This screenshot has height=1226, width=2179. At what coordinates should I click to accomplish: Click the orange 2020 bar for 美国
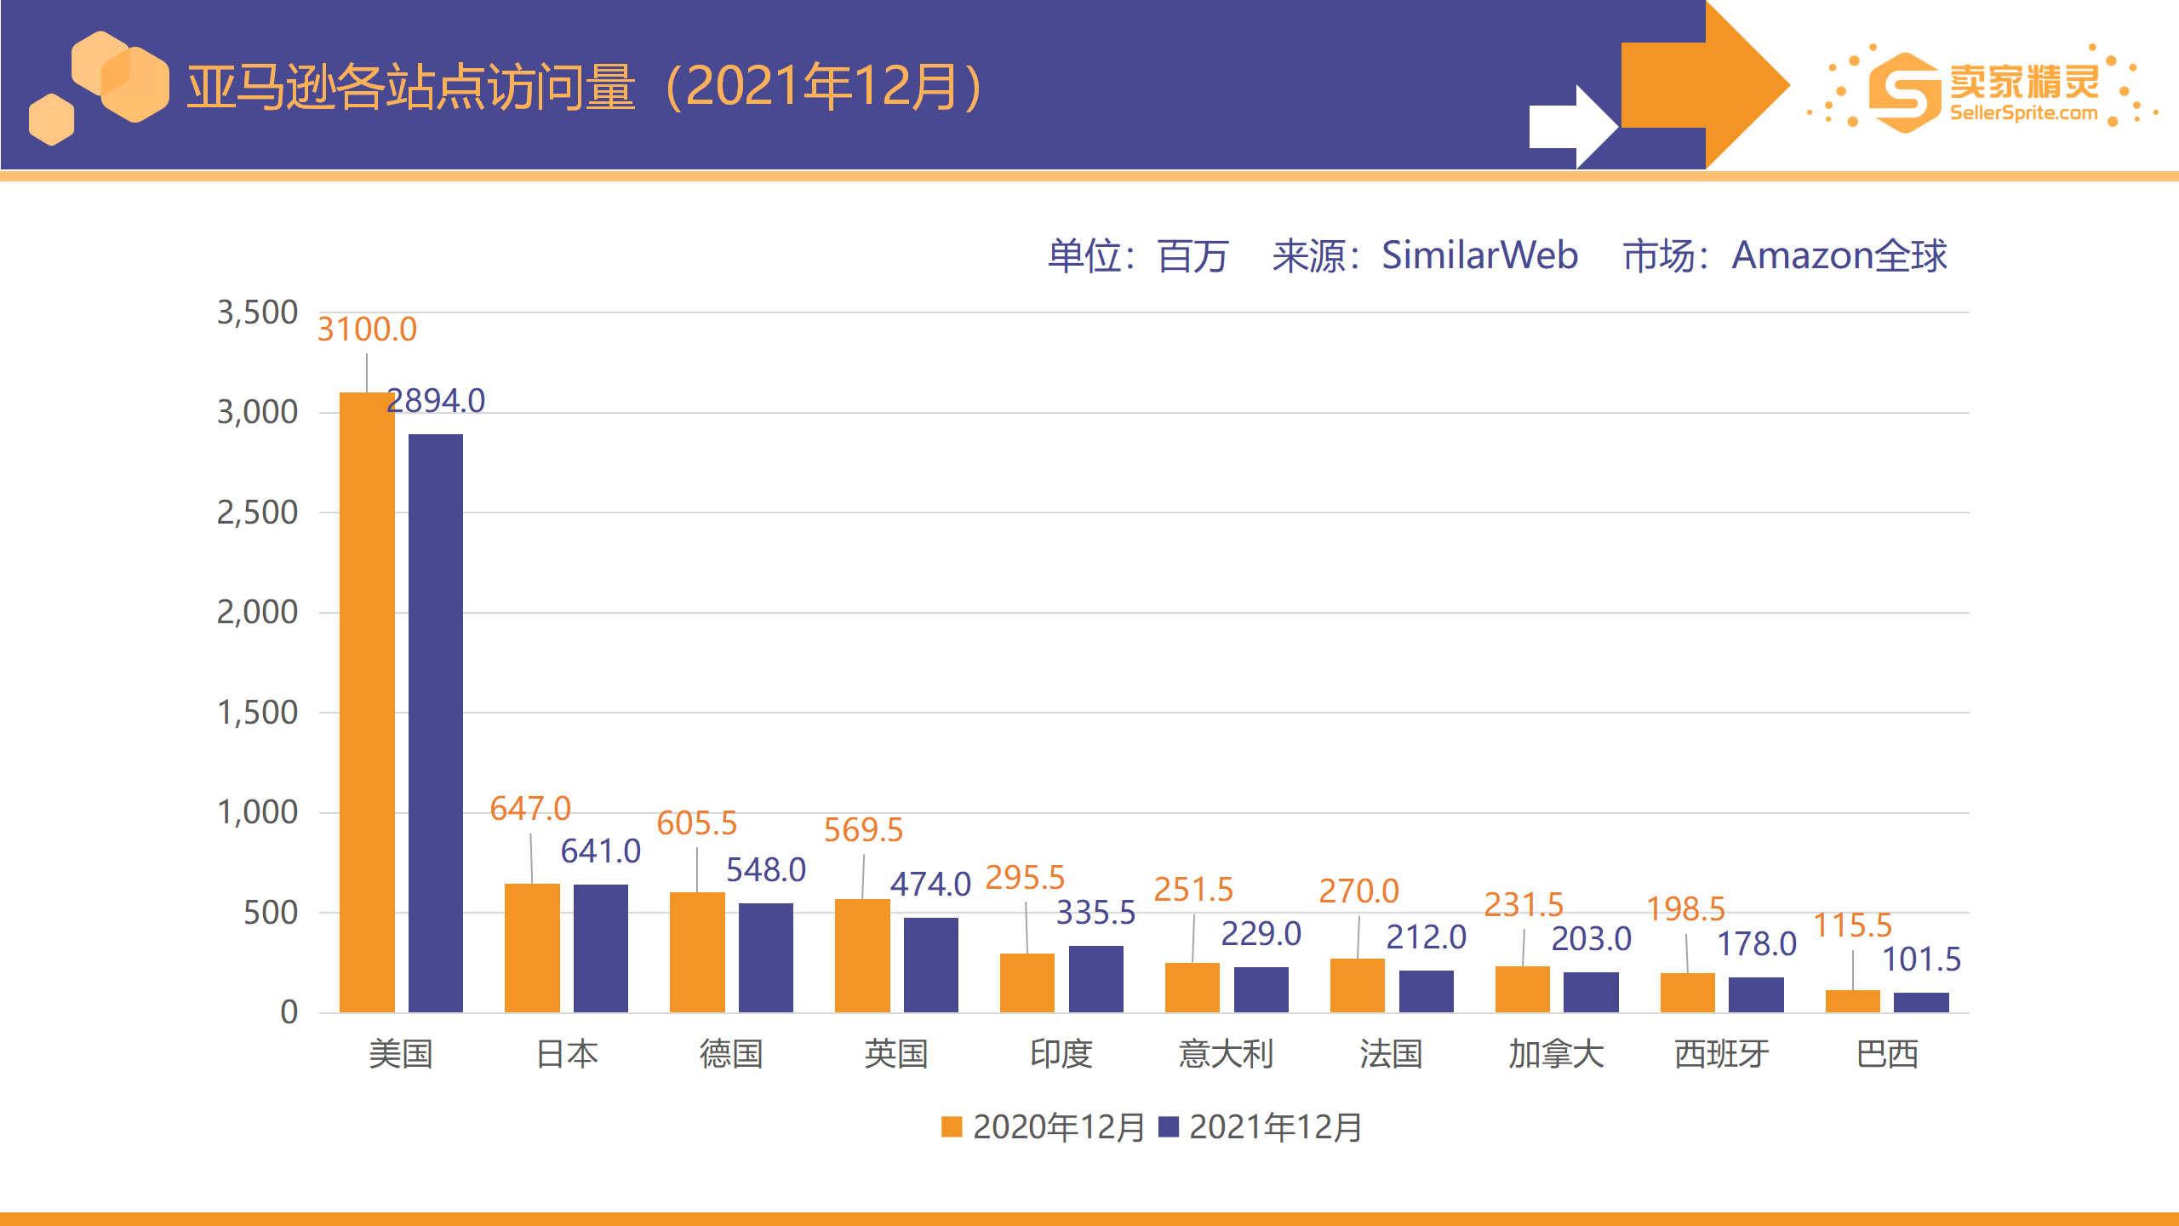coord(367,702)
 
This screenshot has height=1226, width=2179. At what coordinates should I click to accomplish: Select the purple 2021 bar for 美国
coord(436,724)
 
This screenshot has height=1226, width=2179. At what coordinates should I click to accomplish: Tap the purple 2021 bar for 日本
coord(601,948)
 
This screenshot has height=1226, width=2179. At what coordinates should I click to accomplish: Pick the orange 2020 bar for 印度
coord(1027,983)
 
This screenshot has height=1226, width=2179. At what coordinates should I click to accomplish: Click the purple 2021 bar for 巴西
coord(1921,1002)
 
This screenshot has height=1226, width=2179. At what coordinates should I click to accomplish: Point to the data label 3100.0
coord(367,329)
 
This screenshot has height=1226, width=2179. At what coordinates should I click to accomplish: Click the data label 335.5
coord(1095,913)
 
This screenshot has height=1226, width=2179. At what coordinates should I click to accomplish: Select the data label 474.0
coord(930,885)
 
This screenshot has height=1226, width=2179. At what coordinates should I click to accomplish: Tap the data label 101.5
coord(1921,960)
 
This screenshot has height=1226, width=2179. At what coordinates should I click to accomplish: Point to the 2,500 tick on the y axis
coord(257,513)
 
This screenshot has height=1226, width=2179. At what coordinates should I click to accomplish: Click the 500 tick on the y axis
coord(271,913)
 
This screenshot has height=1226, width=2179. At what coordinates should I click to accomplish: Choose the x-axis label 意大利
coord(1226,1054)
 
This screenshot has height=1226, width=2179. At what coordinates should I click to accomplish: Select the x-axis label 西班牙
coord(1721,1054)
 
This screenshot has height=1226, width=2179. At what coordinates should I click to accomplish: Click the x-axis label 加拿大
coord(1556,1054)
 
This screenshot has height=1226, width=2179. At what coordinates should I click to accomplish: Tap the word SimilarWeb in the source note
coord(1479,255)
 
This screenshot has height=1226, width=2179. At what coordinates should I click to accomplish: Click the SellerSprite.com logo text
coord(2023,113)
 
